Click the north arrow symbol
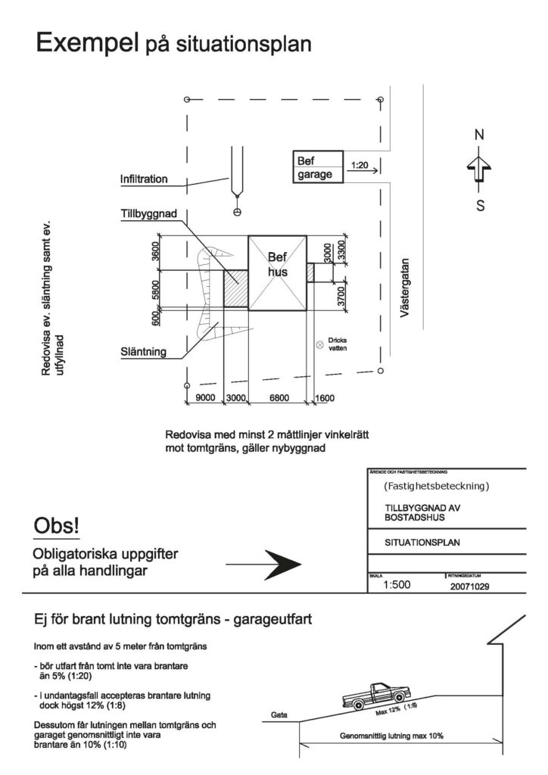coord(479,169)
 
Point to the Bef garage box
coord(317,167)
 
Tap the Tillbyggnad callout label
coord(149,215)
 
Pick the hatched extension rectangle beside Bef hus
coord(235,288)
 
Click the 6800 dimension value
coord(279,398)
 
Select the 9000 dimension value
coord(205,398)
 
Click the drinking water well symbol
coord(319,346)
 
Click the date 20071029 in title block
coord(469,585)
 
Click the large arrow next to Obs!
coord(264,563)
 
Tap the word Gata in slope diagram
coord(279,714)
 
